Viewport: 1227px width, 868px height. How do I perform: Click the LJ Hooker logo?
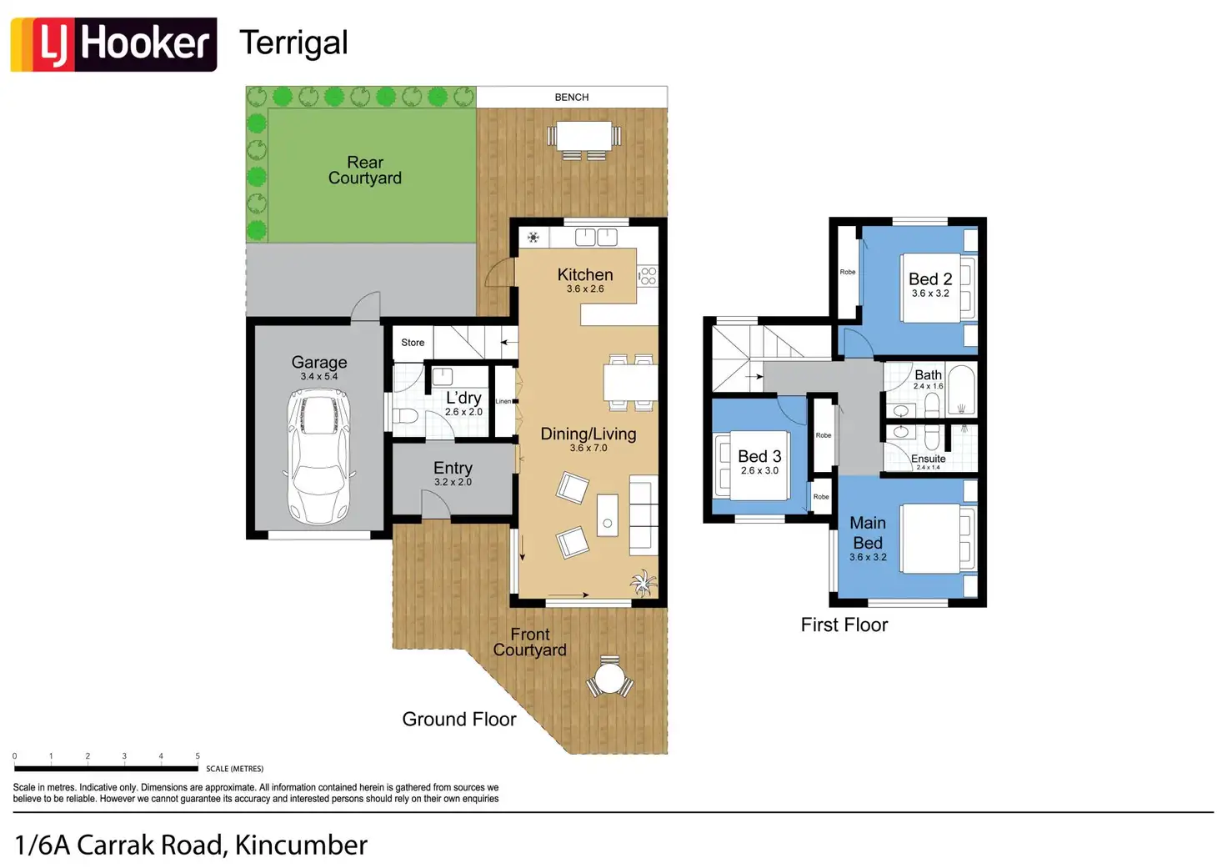coord(114,44)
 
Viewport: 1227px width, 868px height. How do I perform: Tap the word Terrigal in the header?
coord(293,43)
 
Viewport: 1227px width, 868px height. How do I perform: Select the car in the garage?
coord(319,456)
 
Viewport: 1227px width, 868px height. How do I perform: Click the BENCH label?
coord(571,97)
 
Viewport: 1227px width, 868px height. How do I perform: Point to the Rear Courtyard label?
coord(365,170)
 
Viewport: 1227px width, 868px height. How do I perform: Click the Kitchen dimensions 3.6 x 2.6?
coord(585,288)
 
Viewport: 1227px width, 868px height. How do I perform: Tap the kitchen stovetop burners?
coord(648,276)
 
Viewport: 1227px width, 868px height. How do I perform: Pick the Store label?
coord(413,343)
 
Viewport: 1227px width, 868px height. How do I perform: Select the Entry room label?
coord(453,468)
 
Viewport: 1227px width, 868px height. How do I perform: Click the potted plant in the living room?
coord(643,583)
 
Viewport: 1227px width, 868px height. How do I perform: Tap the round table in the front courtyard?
coord(609,678)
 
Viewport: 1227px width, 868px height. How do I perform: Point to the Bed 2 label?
coord(930,279)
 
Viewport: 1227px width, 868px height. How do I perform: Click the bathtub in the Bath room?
coord(961,389)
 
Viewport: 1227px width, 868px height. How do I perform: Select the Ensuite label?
coord(928,458)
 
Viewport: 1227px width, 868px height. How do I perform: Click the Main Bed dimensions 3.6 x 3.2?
coord(868,557)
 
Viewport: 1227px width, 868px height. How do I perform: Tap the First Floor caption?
coord(844,625)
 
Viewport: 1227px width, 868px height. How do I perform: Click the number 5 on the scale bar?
coord(198,755)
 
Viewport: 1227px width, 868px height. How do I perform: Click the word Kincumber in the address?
coord(301,845)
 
